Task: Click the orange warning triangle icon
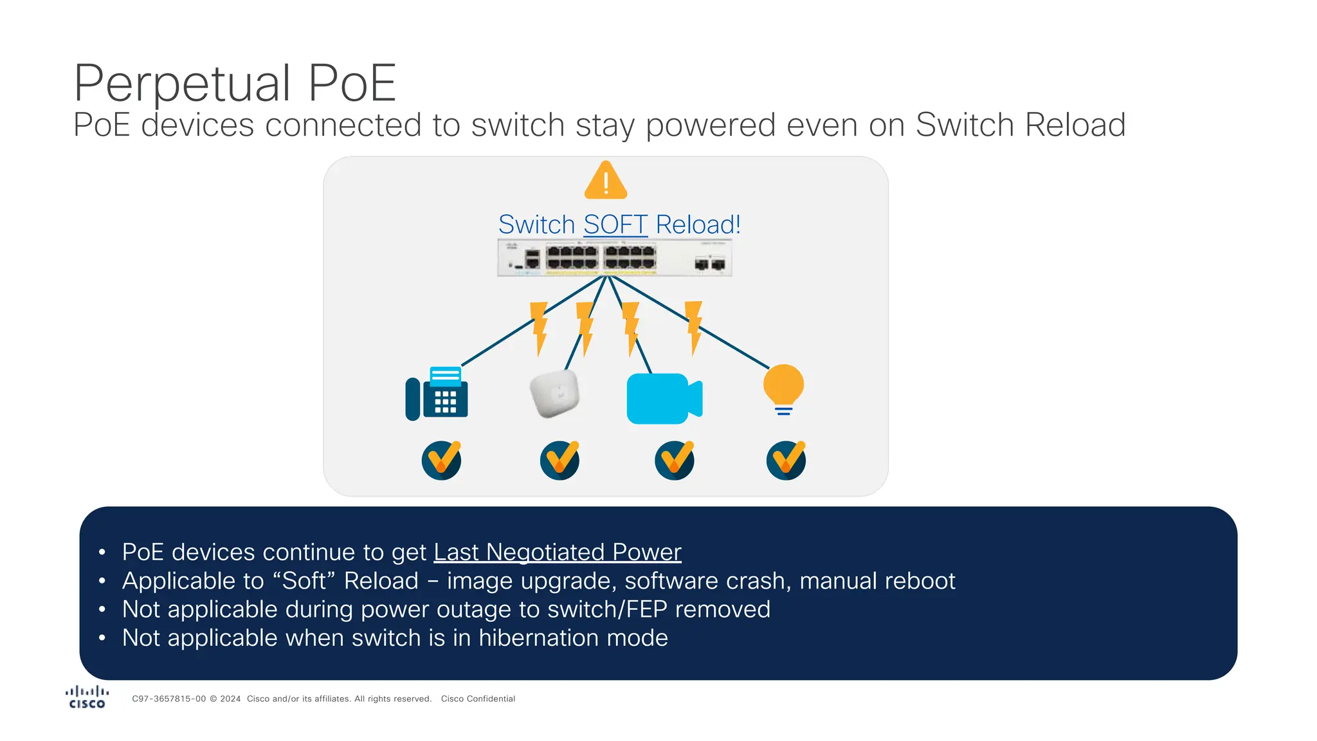coord(605,181)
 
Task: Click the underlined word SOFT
coord(615,224)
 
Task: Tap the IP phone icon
coord(437,394)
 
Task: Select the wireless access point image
coord(554,393)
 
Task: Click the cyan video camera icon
coord(664,398)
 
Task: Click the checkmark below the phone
coord(441,460)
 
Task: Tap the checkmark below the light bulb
coord(786,460)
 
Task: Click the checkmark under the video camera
coord(674,460)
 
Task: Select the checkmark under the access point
coord(559,460)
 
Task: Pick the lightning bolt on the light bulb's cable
coord(694,327)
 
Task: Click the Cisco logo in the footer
coord(87,697)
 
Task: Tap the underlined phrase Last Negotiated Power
coord(557,552)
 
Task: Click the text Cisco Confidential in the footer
coord(478,699)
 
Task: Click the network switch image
coord(614,257)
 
